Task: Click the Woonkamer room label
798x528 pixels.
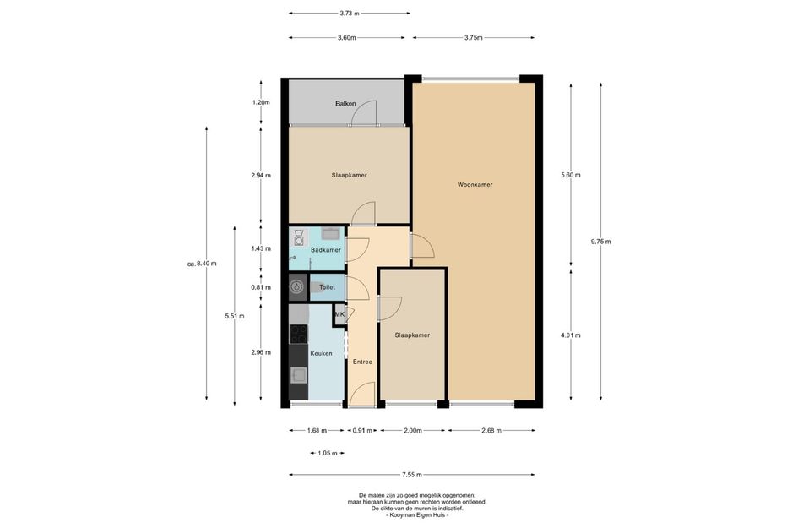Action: point(475,185)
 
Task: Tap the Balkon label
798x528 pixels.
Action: point(345,104)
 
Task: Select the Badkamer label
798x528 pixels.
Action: point(326,250)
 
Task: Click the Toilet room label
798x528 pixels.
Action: point(328,287)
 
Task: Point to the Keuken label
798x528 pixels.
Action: point(321,353)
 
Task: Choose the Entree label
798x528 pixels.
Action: point(362,362)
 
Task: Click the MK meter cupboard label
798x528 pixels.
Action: point(339,314)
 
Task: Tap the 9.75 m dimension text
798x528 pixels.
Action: point(600,242)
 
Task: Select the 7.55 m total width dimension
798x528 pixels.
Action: point(412,475)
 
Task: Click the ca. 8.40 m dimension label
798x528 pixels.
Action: point(202,264)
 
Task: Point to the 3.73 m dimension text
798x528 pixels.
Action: point(350,14)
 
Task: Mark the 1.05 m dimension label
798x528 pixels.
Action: point(328,453)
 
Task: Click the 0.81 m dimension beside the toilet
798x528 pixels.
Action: point(261,287)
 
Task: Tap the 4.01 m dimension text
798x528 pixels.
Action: point(571,335)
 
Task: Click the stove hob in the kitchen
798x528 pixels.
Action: point(299,334)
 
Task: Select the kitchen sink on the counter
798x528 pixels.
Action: point(298,375)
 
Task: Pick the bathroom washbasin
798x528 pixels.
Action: point(331,234)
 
